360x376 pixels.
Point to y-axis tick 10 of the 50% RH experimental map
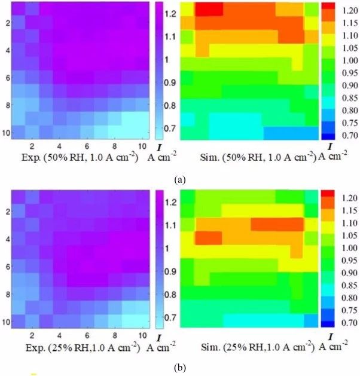5,133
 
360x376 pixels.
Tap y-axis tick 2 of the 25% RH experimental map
6,212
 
